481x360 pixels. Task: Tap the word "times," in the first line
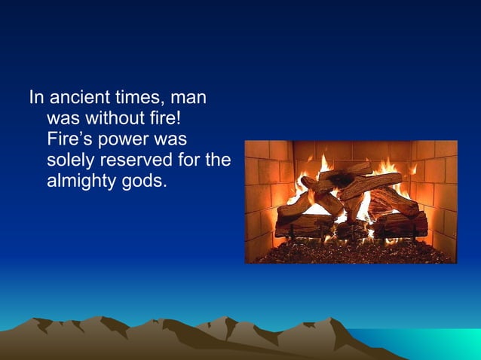tap(143, 98)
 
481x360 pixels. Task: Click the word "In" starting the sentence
tap(35, 98)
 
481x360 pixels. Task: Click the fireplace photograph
tap(351, 202)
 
